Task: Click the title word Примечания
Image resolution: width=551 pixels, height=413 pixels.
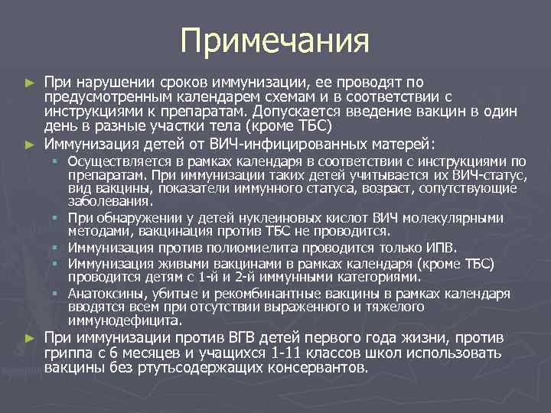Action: pos(275,41)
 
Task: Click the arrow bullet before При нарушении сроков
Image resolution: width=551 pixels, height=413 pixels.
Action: pos(30,82)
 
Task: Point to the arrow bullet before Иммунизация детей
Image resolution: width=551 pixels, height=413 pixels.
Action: pos(30,144)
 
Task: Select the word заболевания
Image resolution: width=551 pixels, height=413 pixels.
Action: pos(109,202)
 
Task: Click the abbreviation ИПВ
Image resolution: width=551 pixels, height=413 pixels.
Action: pos(439,248)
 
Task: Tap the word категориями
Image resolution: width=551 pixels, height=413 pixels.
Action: pos(375,277)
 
